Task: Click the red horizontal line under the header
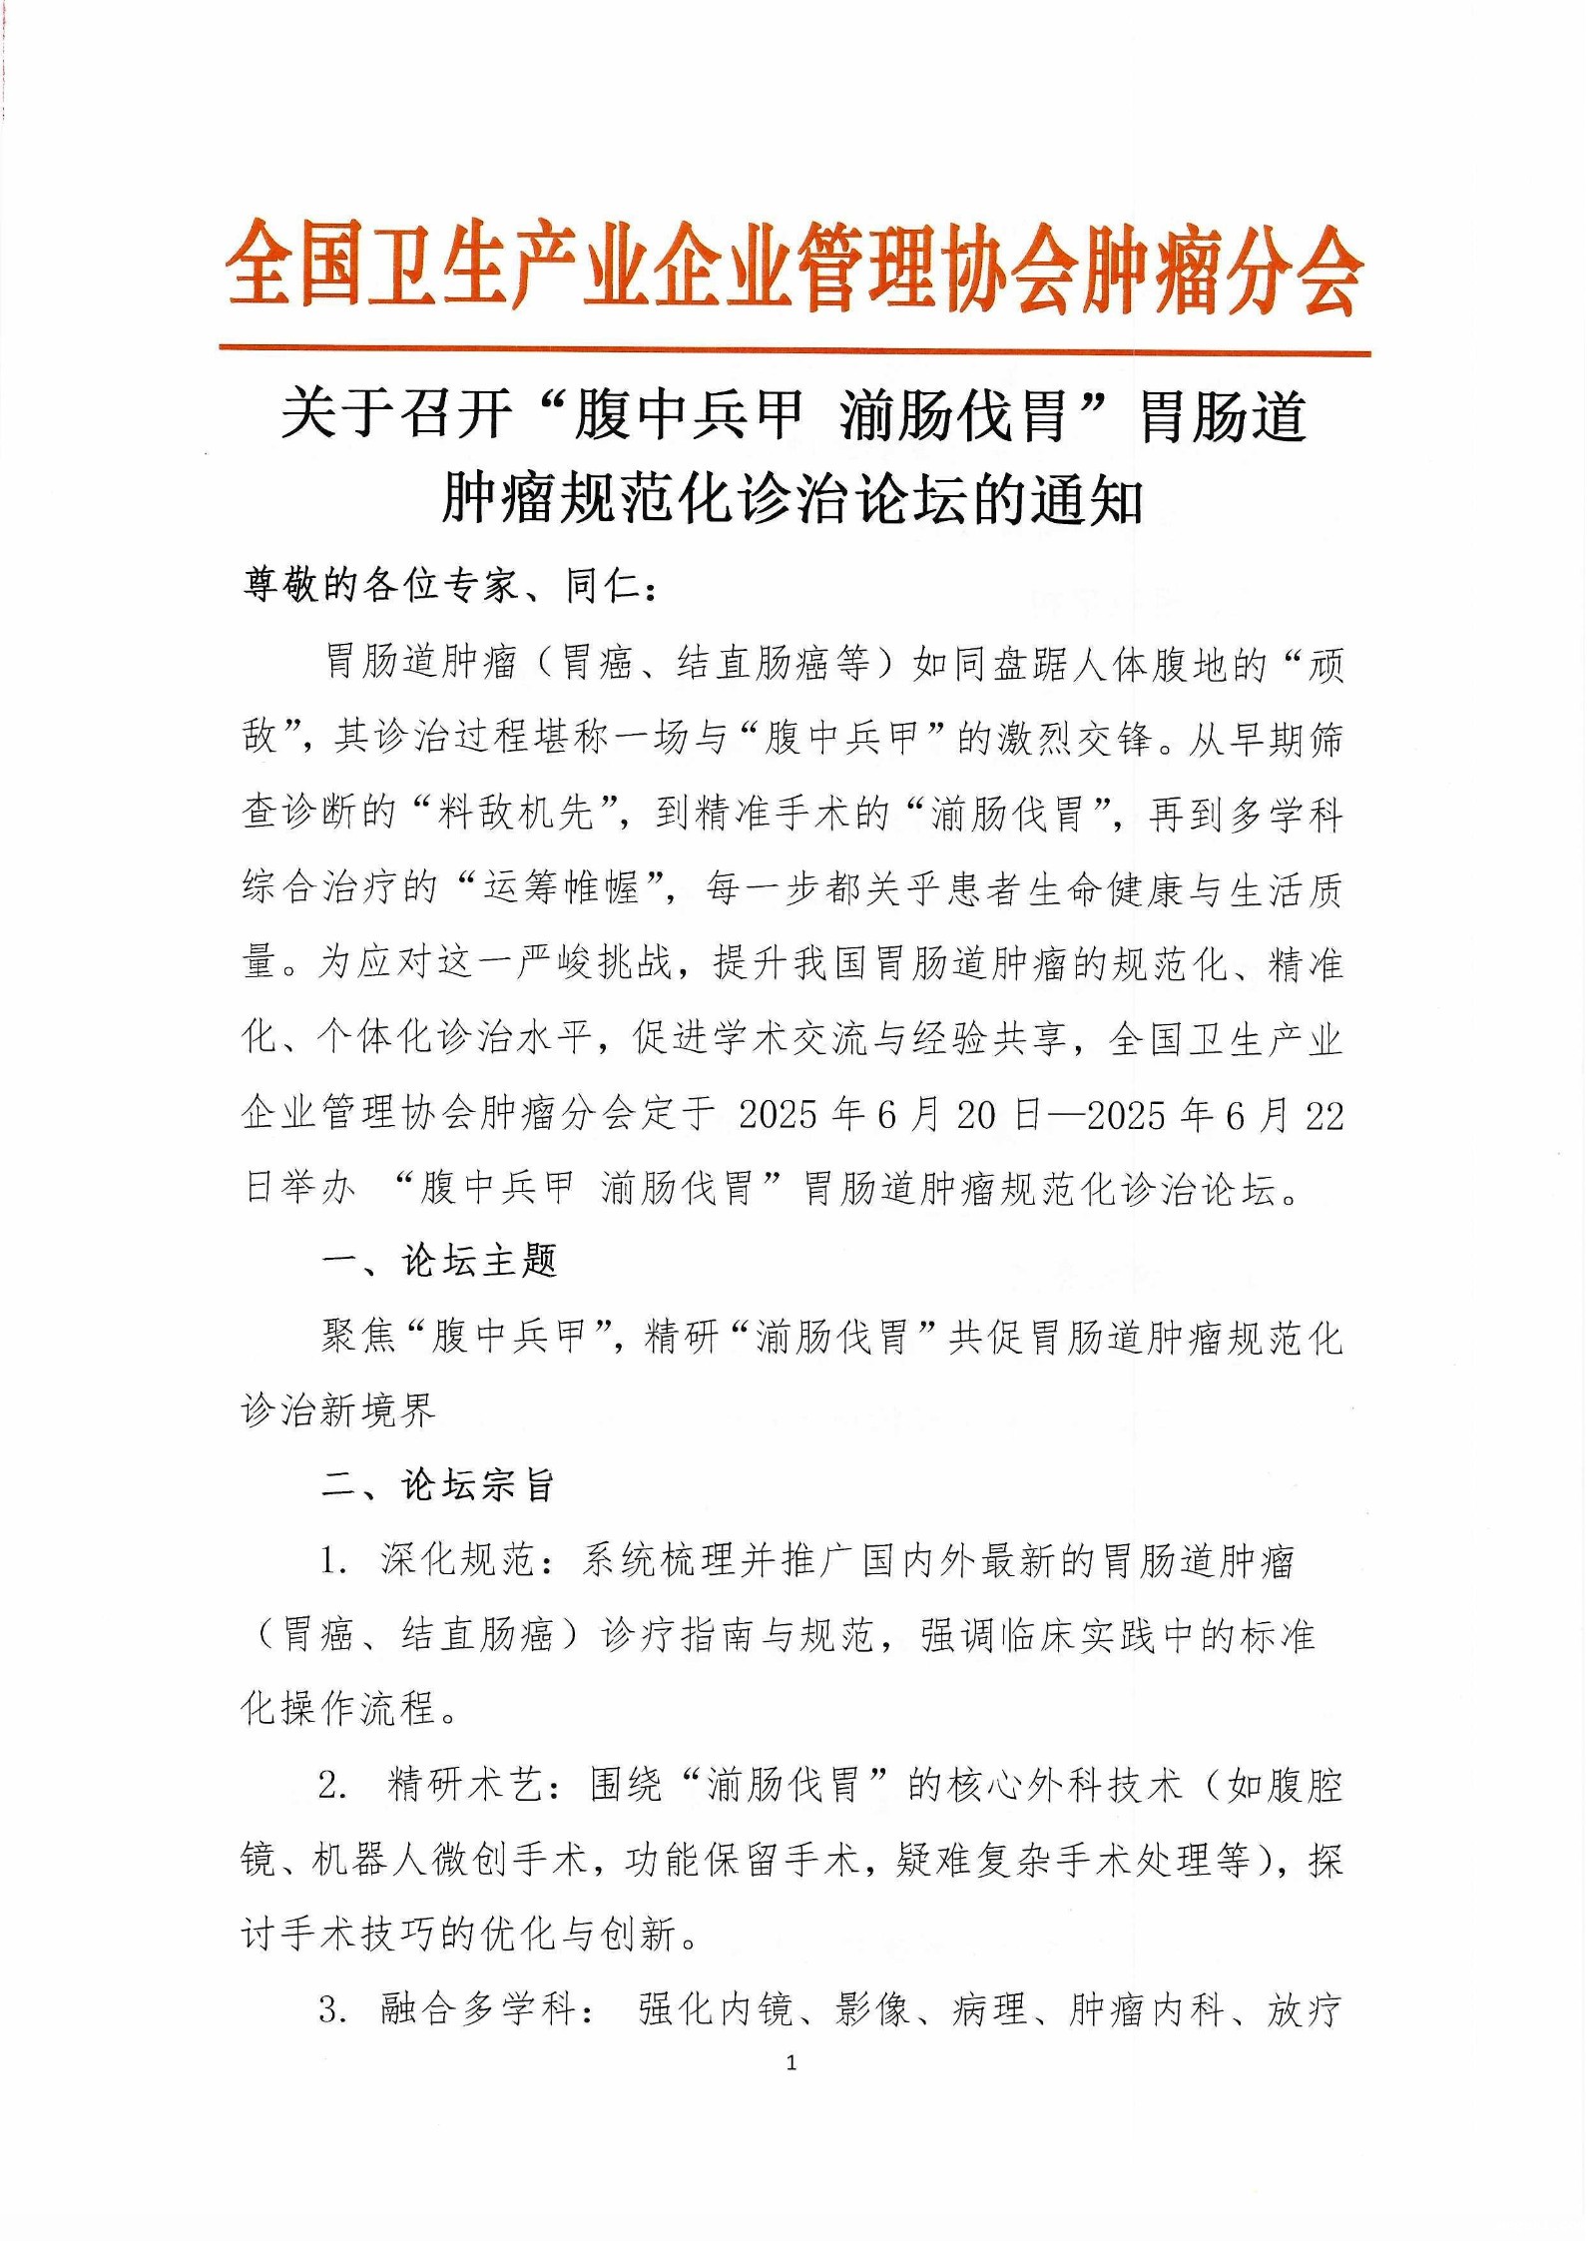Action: (793, 350)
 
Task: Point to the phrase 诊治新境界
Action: (338, 1410)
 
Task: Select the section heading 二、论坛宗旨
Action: (439, 1485)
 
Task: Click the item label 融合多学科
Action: (478, 2009)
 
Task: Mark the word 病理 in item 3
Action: (989, 2009)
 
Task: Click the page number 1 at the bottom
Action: (792, 2063)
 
